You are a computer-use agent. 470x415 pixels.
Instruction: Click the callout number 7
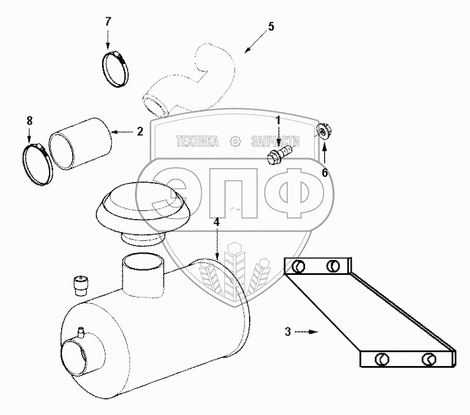pyautogui.click(x=108, y=22)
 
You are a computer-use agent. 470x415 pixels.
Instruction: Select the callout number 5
pyautogui.click(x=271, y=27)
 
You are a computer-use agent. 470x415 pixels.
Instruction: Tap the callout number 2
pyautogui.click(x=140, y=131)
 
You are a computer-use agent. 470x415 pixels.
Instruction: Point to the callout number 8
pyautogui.click(x=29, y=120)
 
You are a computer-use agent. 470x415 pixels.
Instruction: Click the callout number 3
pyautogui.click(x=287, y=331)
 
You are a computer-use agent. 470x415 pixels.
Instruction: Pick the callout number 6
pyautogui.click(x=325, y=173)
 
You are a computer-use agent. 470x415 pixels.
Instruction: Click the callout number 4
pyautogui.click(x=216, y=222)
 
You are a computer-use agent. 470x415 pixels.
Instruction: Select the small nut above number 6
pyautogui.click(x=324, y=132)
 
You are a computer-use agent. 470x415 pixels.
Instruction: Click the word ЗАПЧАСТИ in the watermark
pyautogui.click(x=276, y=141)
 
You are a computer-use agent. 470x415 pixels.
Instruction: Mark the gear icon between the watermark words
pyautogui.click(x=235, y=141)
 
